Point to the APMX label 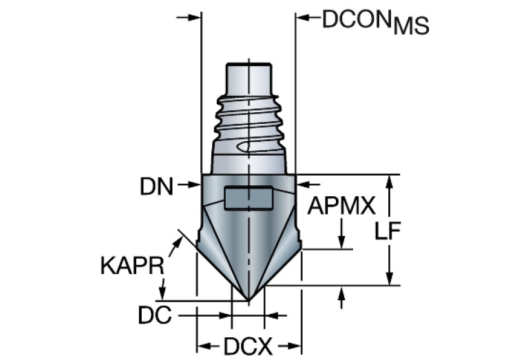341,206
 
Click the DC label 154,315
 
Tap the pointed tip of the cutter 248,299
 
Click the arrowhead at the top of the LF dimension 390,181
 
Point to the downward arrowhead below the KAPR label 164,293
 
